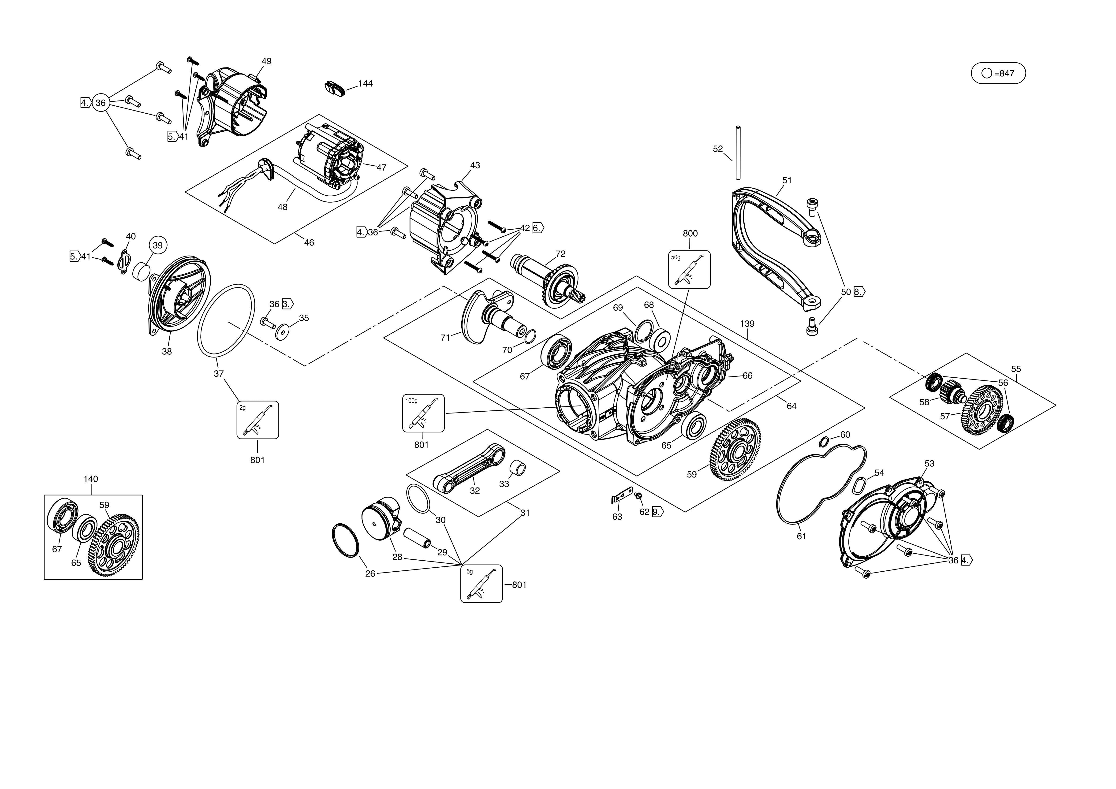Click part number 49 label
(x=266, y=61)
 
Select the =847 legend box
(x=998, y=73)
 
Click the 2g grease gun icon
(x=258, y=420)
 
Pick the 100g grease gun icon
(x=423, y=413)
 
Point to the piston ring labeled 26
(x=345, y=541)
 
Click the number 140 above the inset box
(x=91, y=479)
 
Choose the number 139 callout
(x=747, y=324)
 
